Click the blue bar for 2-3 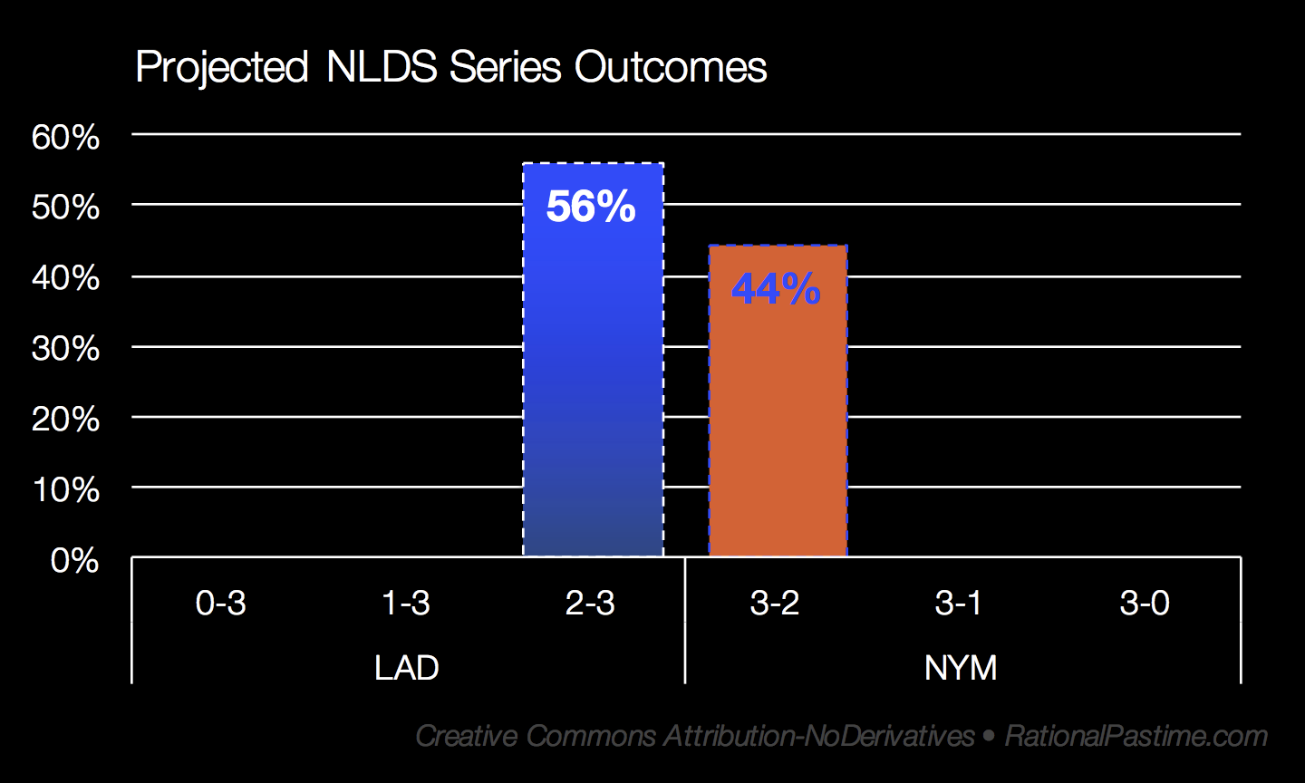coord(593,360)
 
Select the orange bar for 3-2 coord(778,401)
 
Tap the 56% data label coord(591,207)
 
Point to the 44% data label coord(776,289)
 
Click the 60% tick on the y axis coord(66,138)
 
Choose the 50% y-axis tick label coord(66,208)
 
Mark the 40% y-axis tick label coord(66,278)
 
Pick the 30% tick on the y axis coord(66,349)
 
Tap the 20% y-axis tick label coord(66,420)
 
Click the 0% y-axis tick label coord(74,561)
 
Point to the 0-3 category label coord(221,603)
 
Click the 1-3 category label coord(406,603)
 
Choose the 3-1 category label coord(959,603)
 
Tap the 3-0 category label coord(1145,603)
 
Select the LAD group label coord(407,668)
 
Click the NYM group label coord(961,668)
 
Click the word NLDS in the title coord(382,67)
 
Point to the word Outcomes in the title coord(671,67)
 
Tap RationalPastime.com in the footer coord(1136,736)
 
